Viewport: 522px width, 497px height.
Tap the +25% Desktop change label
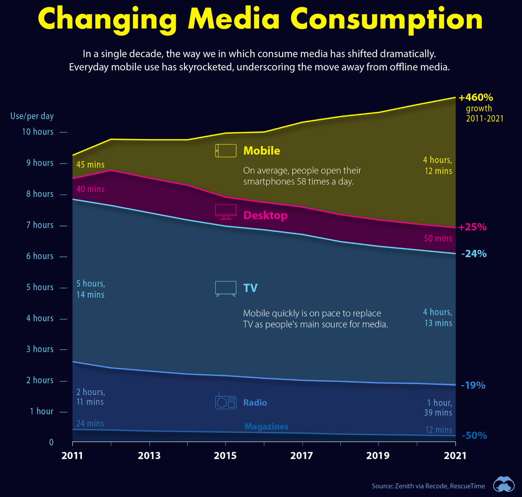point(472,227)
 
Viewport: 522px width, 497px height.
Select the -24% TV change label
point(474,253)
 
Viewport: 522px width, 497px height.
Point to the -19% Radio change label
point(472,385)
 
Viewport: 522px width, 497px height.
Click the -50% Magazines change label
point(474,436)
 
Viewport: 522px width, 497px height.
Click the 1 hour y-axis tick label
point(42,411)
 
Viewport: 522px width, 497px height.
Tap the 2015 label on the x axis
point(225,456)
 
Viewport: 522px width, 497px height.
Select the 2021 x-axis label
point(455,456)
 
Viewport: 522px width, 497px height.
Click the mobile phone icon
point(226,151)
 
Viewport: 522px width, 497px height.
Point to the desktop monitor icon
point(226,212)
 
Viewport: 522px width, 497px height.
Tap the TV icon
point(226,288)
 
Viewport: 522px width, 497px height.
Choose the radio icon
point(226,402)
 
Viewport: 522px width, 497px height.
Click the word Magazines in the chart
point(266,426)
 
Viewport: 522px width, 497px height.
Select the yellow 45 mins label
point(90,165)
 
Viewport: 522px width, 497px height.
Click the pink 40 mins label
point(90,189)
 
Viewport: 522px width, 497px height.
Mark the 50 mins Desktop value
point(438,238)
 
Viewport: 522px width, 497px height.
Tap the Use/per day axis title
point(32,116)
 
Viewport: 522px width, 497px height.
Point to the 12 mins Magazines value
point(438,430)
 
